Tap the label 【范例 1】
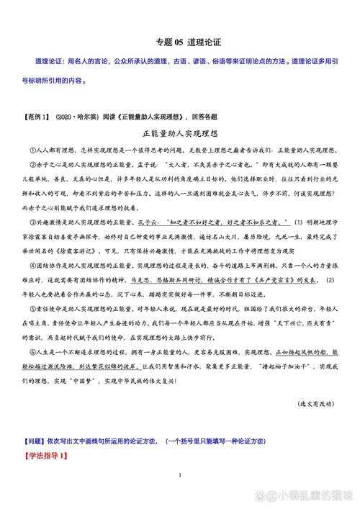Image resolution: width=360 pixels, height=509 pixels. pyautogui.click(x=37, y=117)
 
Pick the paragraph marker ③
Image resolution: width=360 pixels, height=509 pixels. pyautogui.click(x=33, y=223)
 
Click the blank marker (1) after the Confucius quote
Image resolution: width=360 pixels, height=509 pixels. pyautogui.click(x=299, y=223)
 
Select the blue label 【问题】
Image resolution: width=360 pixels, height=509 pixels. pyautogui.click(x=37, y=441)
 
